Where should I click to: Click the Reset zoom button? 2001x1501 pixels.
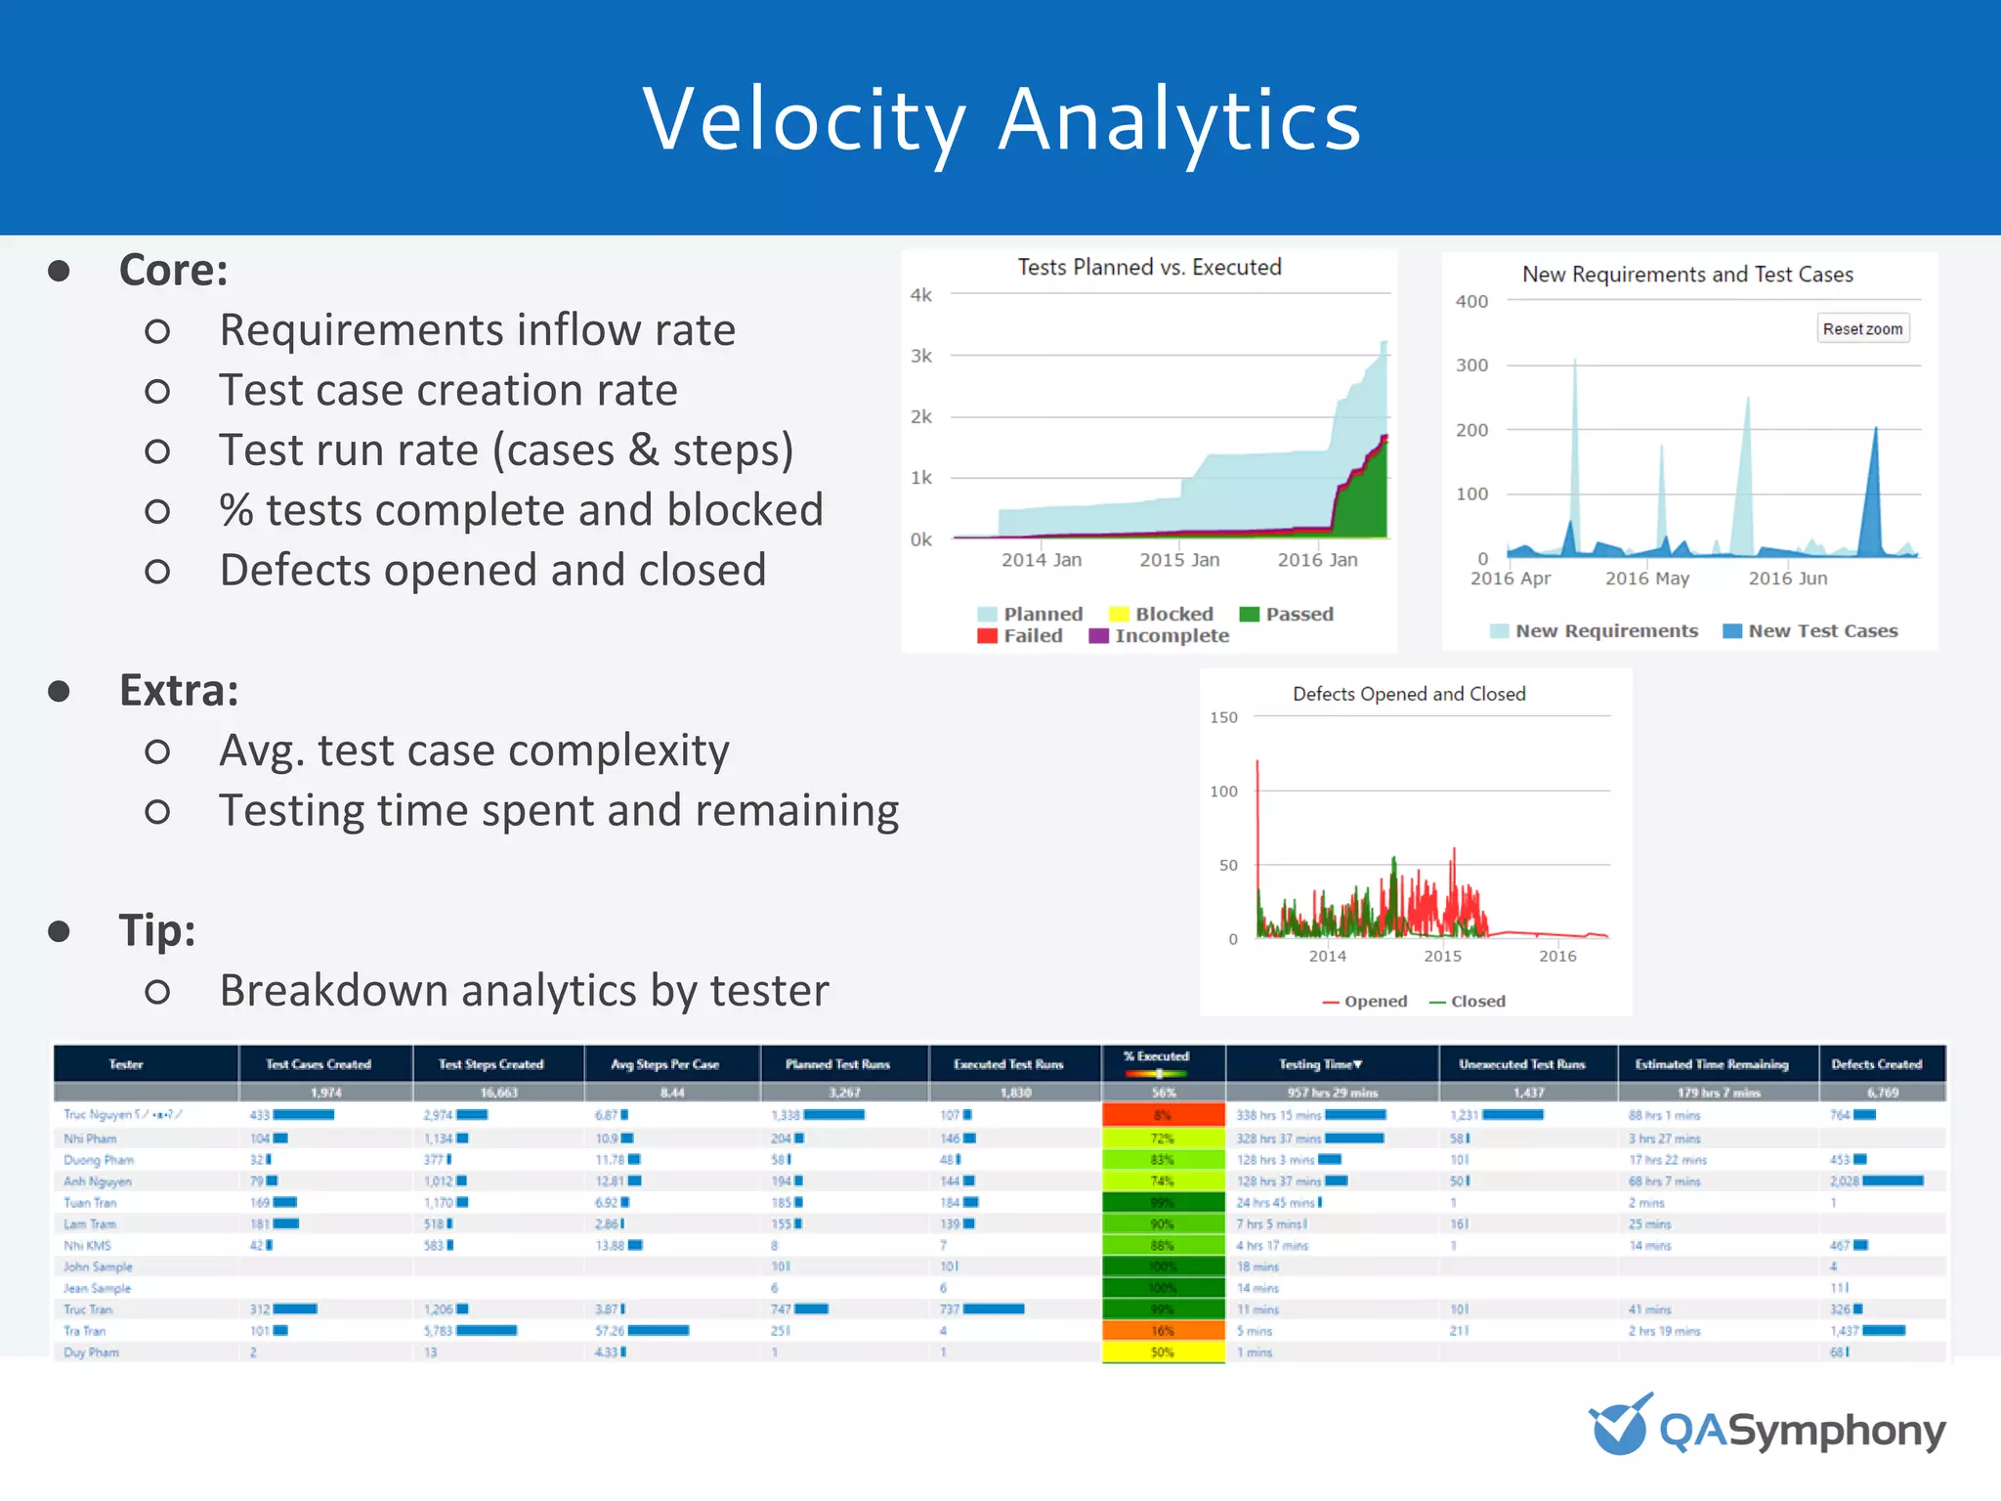coord(1862,329)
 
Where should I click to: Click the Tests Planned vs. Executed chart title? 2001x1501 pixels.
coord(1149,268)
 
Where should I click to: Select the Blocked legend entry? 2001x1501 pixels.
coord(1163,614)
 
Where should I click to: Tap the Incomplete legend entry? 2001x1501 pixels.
coord(1160,636)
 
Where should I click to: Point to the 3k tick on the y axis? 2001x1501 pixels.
coord(921,356)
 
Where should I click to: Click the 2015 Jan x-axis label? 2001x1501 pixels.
coord(1179,560)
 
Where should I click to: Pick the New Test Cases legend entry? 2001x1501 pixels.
coord(1810,631)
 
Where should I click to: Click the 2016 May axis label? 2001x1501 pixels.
coord(1647,579)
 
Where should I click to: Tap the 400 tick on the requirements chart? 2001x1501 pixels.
coord(1471,302)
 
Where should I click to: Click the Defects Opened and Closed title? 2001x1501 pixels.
coord(1409,694)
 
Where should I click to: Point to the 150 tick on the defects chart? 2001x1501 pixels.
coord(1223,717)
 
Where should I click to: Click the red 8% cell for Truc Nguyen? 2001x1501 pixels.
coord(1163,1115)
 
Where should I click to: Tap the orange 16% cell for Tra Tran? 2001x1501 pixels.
coord(1163,1331)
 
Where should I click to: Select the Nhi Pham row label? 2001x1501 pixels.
coord(90,1138)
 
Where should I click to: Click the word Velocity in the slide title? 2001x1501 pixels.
coord(803,120)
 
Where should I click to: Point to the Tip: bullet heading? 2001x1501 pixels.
coord(157,930)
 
